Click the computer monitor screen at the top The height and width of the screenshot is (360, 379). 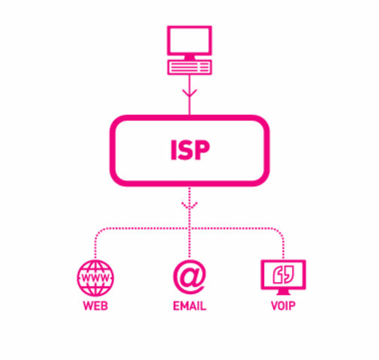point(189,43)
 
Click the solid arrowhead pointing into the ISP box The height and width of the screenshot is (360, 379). point(189,94)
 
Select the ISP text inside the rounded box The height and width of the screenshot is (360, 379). point(188,150)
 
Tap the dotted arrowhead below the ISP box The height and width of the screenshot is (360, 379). point(189,204)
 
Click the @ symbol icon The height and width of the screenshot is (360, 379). point(189,277)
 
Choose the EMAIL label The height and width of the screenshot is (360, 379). point(189,307)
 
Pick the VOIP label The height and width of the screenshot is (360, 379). point(283,307)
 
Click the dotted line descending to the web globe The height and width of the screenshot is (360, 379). point(95,244)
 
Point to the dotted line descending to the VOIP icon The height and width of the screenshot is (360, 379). point(283,244)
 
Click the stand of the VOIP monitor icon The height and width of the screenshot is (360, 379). point(283,292)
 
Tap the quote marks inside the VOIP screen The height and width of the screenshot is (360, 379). point(283,273)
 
